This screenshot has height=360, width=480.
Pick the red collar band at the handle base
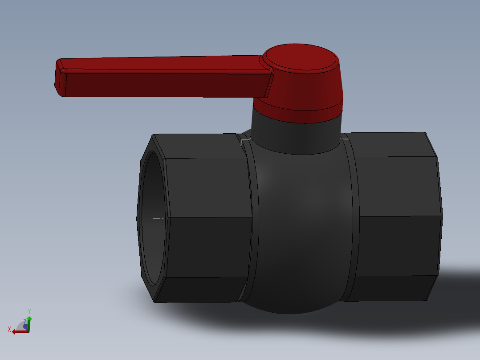click(298, 111)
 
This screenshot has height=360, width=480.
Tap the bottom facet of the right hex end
click(392, 287)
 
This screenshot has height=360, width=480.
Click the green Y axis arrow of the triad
click(29, 321)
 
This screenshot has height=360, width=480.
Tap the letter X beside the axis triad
click(9, 329)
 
